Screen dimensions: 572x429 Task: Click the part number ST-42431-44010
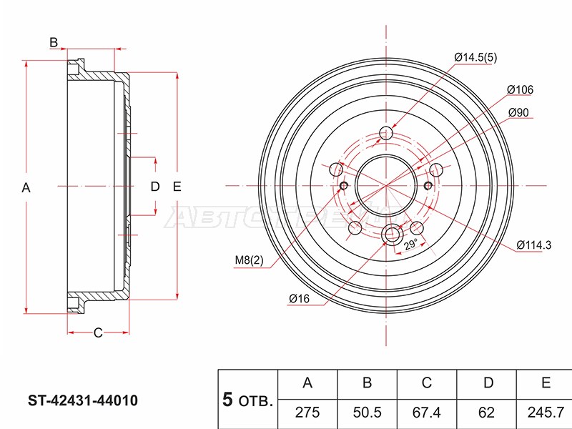click(83, 400)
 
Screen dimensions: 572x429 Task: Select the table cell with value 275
click(307, 413)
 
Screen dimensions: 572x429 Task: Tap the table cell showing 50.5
click(367, 413)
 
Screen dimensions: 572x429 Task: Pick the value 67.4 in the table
click(426, 413)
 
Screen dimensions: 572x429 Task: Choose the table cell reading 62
click(486, 413)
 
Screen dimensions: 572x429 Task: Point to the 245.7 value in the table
click(546, 413)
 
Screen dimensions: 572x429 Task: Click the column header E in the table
click(546, 383)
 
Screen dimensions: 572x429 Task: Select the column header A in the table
click(307, 383)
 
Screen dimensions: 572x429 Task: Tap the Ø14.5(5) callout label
click(475, 57)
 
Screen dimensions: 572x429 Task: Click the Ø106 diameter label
click(520, 89)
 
